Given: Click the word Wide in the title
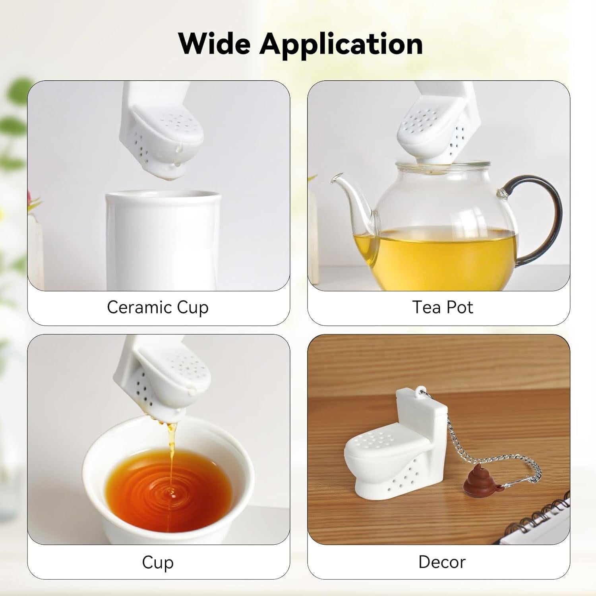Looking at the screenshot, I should (215, 44).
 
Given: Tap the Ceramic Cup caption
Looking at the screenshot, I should (158, 308).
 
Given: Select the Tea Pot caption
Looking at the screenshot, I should (443, 308).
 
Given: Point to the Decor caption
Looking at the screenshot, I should (442, 562).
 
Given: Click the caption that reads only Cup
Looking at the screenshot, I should (158, 563).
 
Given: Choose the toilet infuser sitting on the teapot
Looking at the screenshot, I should (437, 127).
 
